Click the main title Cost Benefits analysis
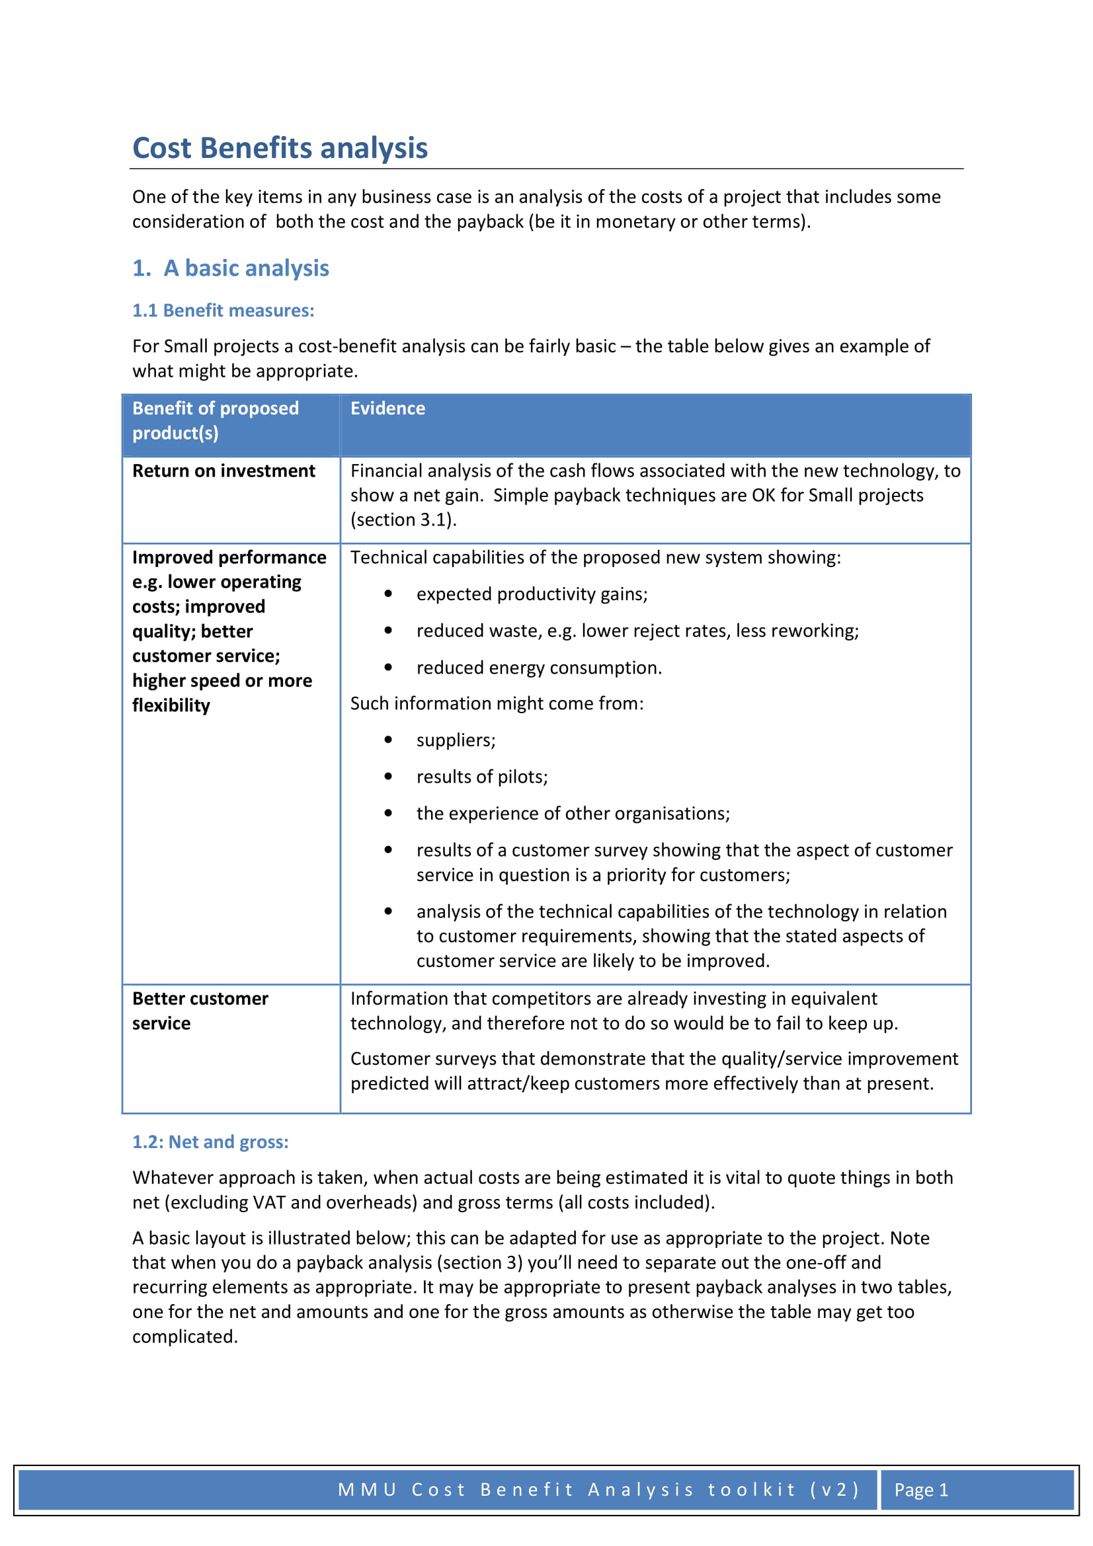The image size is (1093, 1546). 280,148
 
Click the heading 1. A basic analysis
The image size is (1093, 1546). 230,268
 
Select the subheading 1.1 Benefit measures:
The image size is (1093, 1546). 223,311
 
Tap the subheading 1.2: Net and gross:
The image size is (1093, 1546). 210,1142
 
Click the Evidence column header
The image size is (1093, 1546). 387,408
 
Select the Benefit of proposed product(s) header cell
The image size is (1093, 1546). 216,420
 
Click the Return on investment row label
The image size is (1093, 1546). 223,471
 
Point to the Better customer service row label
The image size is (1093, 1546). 200,1011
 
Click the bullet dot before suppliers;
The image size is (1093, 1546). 388,740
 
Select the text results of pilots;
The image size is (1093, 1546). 481,777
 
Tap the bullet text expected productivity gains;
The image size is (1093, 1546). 532,594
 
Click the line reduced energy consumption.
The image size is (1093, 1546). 539,668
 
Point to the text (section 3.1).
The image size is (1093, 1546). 403,520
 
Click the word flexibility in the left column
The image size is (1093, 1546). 171,706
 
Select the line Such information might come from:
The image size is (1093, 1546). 497,704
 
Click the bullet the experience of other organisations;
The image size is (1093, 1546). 573,814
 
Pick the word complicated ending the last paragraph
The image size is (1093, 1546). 184,1336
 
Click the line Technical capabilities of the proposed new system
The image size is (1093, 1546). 594,558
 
